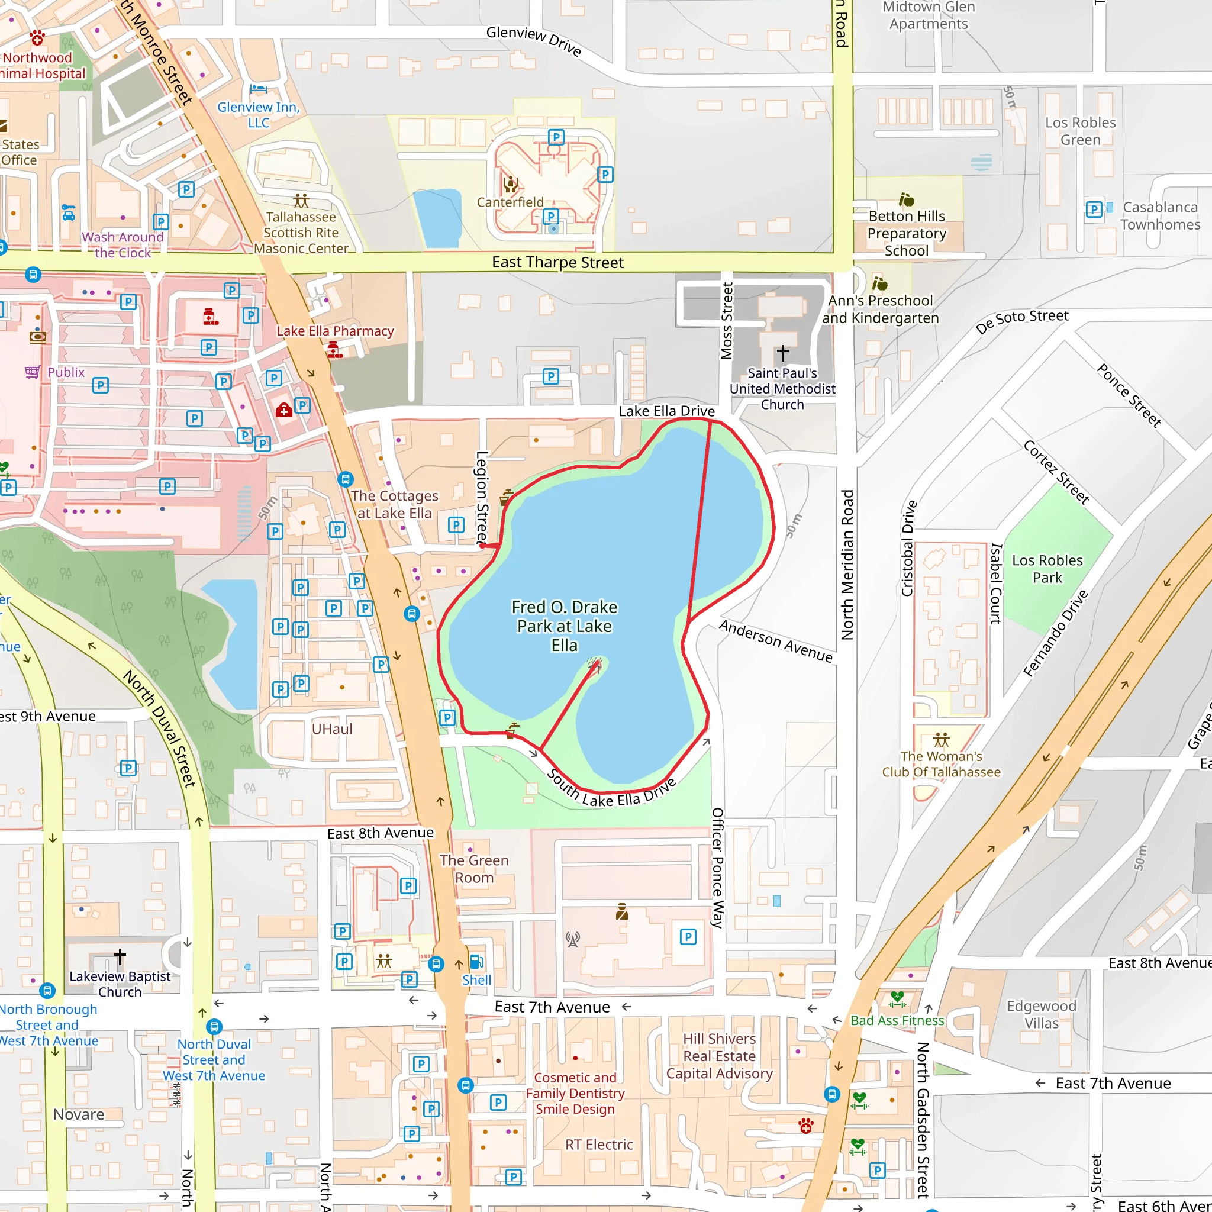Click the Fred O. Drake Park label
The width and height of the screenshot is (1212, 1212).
click(564, 626)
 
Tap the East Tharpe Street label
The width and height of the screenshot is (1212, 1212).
click(557, 262)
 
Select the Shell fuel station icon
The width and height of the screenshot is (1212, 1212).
click(476, 961)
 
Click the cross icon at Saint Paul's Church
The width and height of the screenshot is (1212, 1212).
click(782, 353)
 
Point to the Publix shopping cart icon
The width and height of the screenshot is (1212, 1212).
click(33, 372)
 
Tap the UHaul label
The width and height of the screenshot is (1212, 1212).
click(332, 729)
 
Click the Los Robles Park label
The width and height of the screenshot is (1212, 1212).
click(1047, 568)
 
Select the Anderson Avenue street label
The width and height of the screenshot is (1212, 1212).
click(775, 640)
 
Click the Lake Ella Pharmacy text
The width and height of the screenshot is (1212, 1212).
click(335, 331)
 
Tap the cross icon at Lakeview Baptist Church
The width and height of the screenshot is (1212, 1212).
click(120, 956)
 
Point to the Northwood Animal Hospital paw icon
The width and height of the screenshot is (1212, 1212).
click(38, 38)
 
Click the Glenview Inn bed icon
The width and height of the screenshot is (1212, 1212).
click(258, 89)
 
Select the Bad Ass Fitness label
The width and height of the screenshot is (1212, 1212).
click(897, 1021)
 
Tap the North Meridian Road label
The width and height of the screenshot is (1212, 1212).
click(847, 565)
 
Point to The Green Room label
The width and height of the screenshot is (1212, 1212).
click(474, 869)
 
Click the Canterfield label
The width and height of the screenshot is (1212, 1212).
click(510, 202)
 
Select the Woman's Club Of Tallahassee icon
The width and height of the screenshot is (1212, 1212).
click(941, 740)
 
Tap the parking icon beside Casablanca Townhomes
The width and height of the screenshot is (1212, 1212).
click(1094, 209)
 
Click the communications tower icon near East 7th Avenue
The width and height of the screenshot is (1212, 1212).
click(572, 939)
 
